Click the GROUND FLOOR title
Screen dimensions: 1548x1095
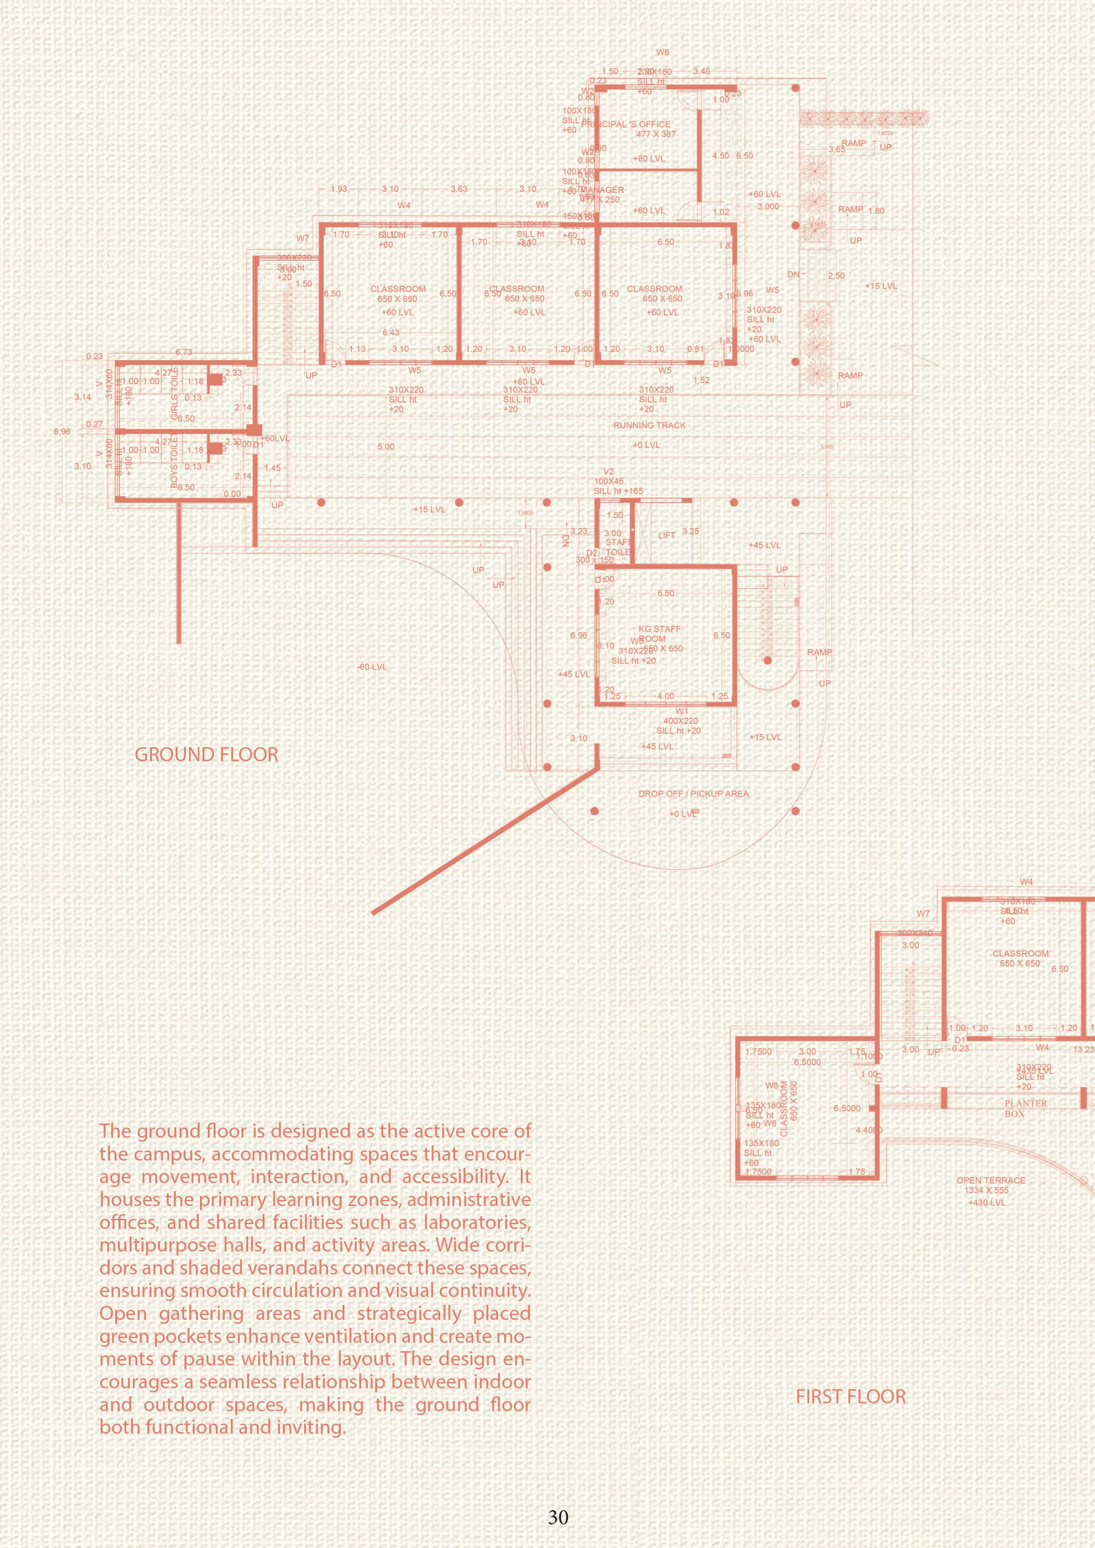[206, 755]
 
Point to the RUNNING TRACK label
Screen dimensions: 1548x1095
[649, 425]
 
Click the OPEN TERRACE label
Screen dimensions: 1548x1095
[990, 1180]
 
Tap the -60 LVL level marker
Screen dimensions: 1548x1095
[372, 667]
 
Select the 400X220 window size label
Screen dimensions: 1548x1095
[680, 721]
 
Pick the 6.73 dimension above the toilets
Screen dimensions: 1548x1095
[184, 352]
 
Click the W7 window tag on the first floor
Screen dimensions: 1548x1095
[922, 913]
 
